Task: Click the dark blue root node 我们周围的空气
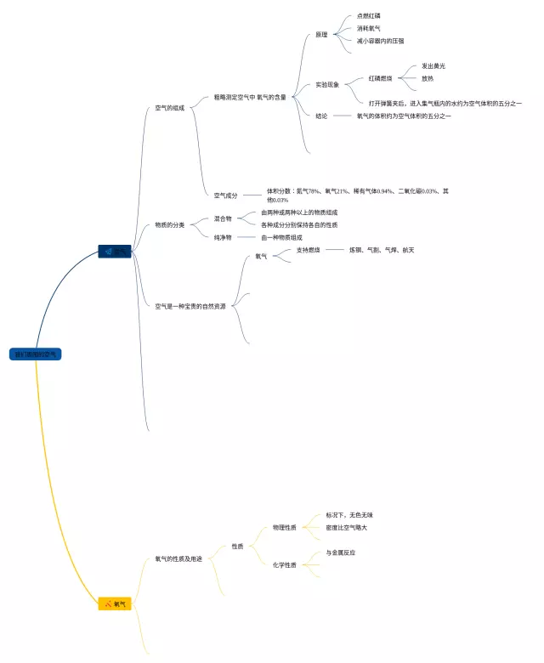coord(36,354)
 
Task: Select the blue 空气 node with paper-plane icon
coord(115,252)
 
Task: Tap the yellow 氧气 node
coord(116,603)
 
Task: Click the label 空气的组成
coord(169,108)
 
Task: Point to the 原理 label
coord(321,35)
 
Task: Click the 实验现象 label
coord(327,85)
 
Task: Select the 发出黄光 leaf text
coord(433,65)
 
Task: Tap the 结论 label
coord(321,116)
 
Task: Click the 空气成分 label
coord(226,195)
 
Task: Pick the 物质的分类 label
coord(169,224)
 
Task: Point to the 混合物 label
coord(223,218)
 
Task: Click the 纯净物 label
coord(223,237)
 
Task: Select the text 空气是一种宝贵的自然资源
coord(190,306)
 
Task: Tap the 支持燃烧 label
coord(309,250)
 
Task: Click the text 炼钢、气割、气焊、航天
coord(382,250)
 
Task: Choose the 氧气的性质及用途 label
coord(178,558)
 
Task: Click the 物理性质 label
coord(285,527)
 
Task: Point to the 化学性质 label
coord(285,564)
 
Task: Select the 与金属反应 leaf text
coord(341,552)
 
